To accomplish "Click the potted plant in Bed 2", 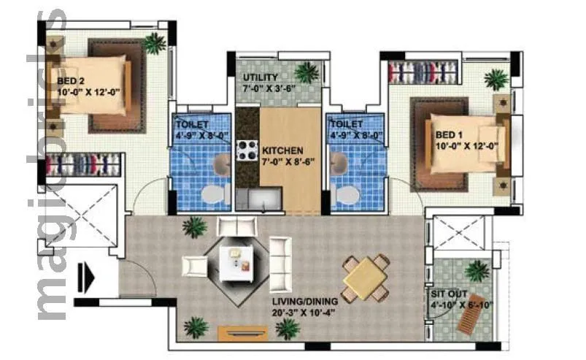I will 154,43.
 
